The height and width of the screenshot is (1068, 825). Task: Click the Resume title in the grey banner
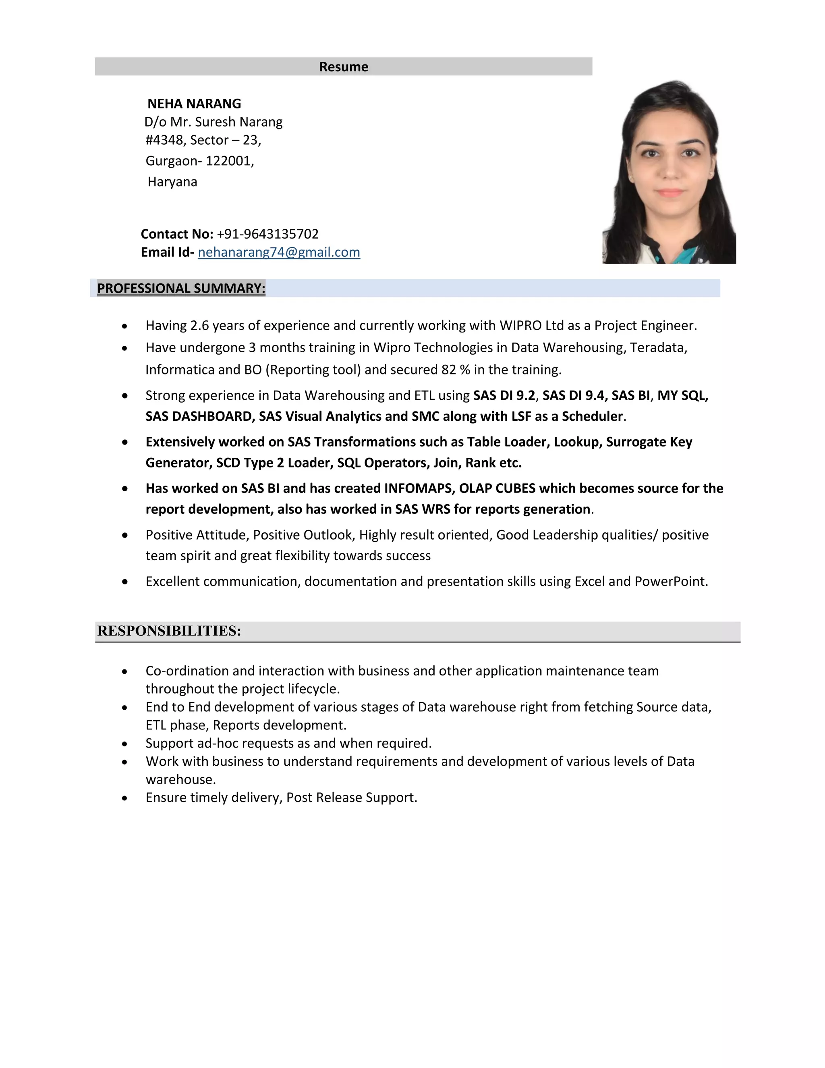coord(344,67)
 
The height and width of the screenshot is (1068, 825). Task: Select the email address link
coord(279,252)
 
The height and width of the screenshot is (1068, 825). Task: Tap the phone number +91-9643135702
coord(267,234)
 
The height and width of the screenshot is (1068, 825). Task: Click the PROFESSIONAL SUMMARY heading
coord(181,289)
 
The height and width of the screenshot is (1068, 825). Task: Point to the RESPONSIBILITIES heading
coord(169,631)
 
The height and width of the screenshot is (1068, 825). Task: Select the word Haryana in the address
coord(172,182)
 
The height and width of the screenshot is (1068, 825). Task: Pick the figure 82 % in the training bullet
coord(455,370)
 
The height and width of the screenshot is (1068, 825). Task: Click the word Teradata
coord(658,348)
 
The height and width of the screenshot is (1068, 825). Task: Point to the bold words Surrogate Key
coord(649,442)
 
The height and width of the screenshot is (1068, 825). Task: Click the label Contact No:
coord(177,234)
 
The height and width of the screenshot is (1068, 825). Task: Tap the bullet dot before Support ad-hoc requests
coord(125,744)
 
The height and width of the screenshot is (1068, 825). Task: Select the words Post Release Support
coord(351,798)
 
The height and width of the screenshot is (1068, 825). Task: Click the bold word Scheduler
coord(592,416)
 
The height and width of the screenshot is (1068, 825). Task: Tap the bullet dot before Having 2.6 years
coord(125,326)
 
